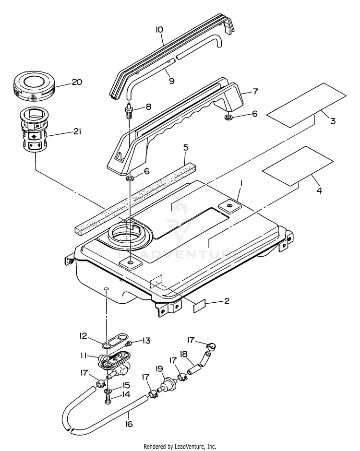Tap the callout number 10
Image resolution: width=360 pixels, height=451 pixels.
[159, 30]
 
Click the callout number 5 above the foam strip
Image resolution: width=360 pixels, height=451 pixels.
[185, 147]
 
